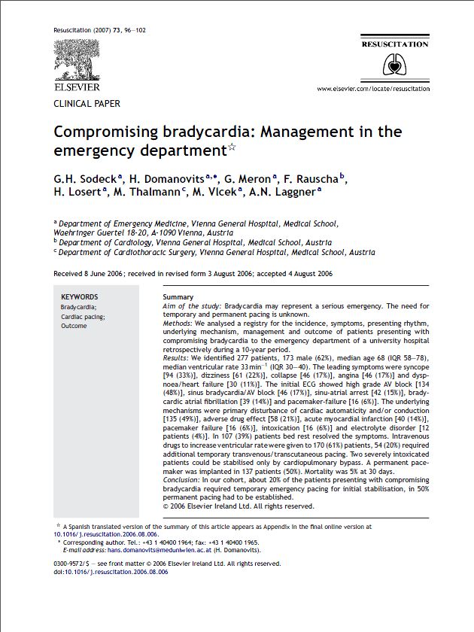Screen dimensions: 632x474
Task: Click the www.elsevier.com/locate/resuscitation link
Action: [x=373, y=89]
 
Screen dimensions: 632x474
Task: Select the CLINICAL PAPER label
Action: [x=87, y=104]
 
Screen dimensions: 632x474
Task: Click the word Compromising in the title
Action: [x=106, y=132]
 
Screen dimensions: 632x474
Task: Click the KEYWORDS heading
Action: [x=79, y=296]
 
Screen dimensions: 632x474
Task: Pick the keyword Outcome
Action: [x=74, y=327]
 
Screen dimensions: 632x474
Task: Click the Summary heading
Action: [x=178, y=297]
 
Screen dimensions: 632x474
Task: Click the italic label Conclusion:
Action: [x=184, y=481]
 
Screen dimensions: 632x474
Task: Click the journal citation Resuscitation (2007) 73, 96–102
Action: [x=99, y=30]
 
